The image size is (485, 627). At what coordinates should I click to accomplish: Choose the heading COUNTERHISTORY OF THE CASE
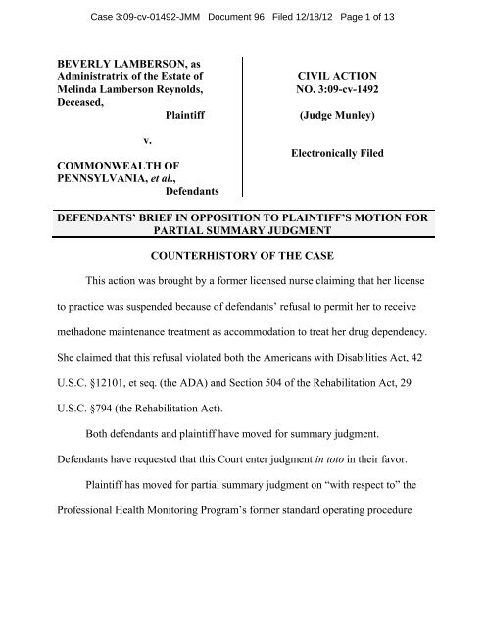pyautogui.click(x=242, y=284)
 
